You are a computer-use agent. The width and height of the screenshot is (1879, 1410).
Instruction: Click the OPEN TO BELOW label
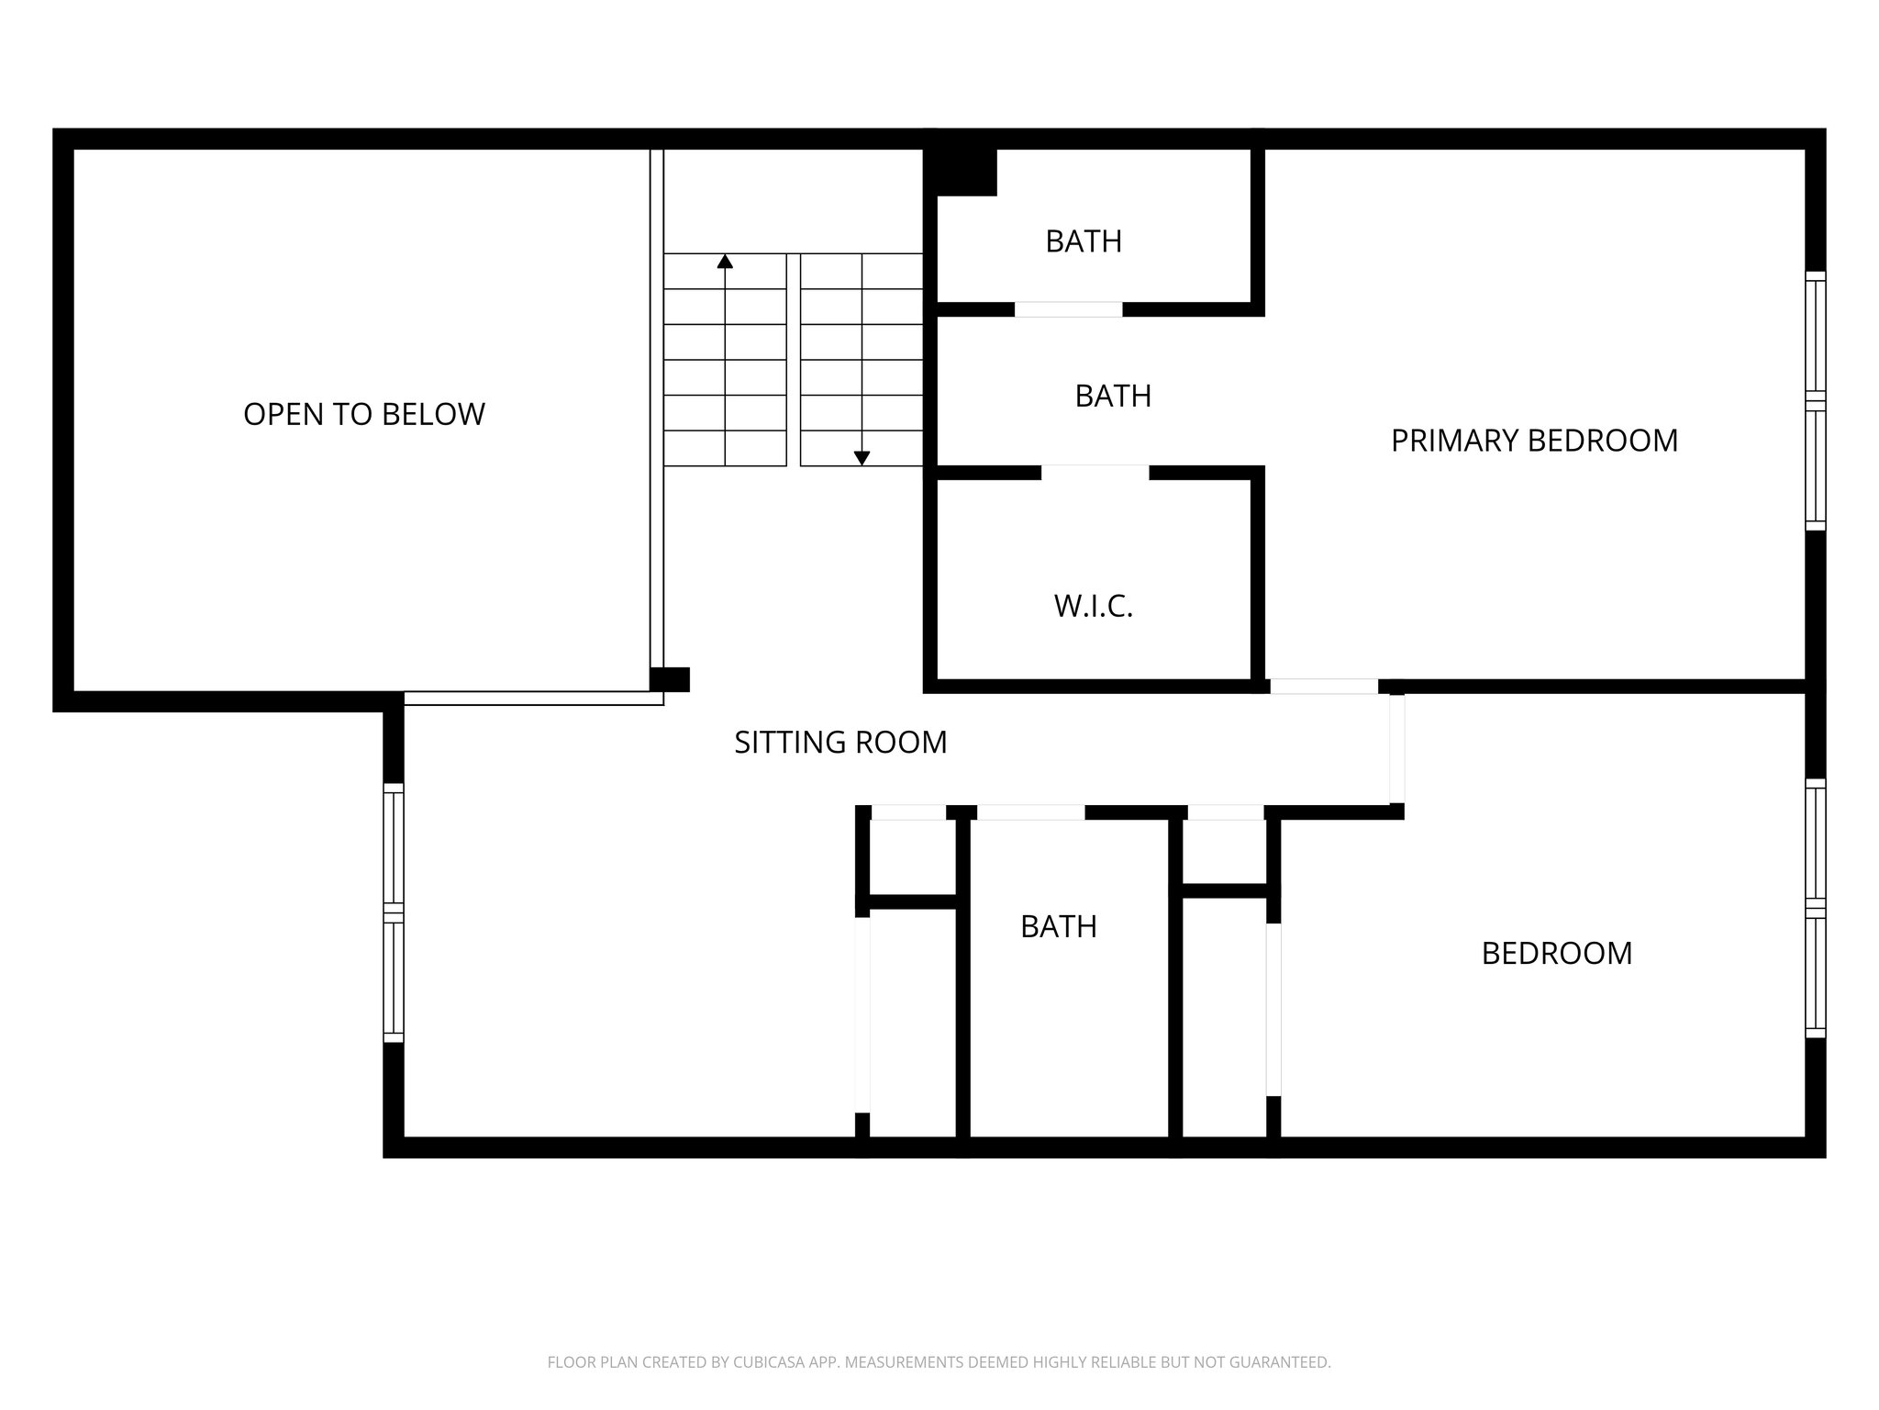363,414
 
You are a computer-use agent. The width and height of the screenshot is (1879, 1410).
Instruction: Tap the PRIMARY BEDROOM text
1534,441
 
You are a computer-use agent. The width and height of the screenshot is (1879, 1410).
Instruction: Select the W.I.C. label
1094,607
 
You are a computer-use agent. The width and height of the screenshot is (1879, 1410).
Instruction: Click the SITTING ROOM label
840,742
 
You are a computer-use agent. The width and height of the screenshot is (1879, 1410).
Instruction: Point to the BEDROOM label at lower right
1557,953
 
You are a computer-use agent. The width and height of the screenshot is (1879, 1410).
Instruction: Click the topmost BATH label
1084,241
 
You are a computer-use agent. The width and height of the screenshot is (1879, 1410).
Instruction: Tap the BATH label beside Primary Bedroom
1113,396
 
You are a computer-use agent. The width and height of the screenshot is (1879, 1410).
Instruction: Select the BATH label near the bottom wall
1059,926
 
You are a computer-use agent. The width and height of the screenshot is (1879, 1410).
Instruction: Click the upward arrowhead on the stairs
725,262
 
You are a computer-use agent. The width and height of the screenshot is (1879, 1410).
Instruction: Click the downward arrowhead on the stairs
862,458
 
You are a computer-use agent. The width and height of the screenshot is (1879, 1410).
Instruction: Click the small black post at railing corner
669,679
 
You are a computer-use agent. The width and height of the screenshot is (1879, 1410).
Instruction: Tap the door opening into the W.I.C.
1095,473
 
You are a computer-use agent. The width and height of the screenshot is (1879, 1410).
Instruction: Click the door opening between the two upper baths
1068,309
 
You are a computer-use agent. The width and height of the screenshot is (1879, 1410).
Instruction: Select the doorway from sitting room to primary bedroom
1323,687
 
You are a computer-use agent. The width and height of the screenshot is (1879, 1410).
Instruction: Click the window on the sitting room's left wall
393,912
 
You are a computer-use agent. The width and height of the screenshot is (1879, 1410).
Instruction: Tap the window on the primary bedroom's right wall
1815,401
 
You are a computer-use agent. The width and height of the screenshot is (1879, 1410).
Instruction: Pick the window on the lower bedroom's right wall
1815,908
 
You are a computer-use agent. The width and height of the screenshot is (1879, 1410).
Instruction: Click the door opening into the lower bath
1030,812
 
